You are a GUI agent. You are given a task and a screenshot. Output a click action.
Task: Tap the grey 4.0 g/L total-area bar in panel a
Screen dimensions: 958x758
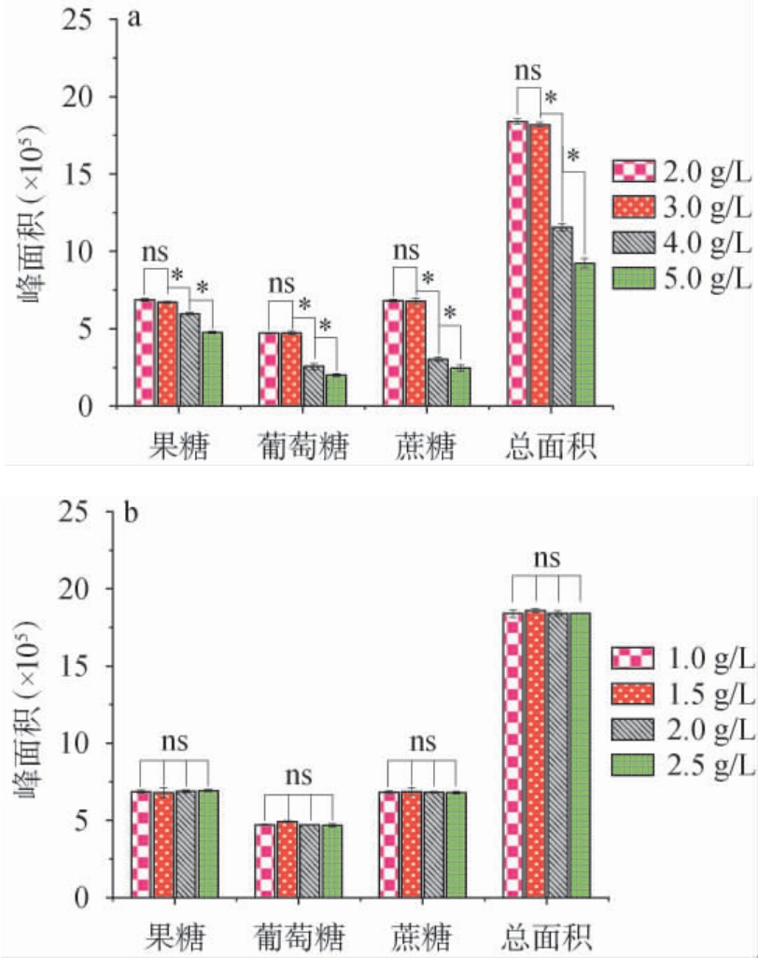(x=561, y=317)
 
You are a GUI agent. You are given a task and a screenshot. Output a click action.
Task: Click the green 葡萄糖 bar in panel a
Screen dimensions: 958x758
(x=335, y=390)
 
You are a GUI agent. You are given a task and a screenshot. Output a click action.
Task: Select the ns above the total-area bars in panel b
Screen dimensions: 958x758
(x=548, y=558)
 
